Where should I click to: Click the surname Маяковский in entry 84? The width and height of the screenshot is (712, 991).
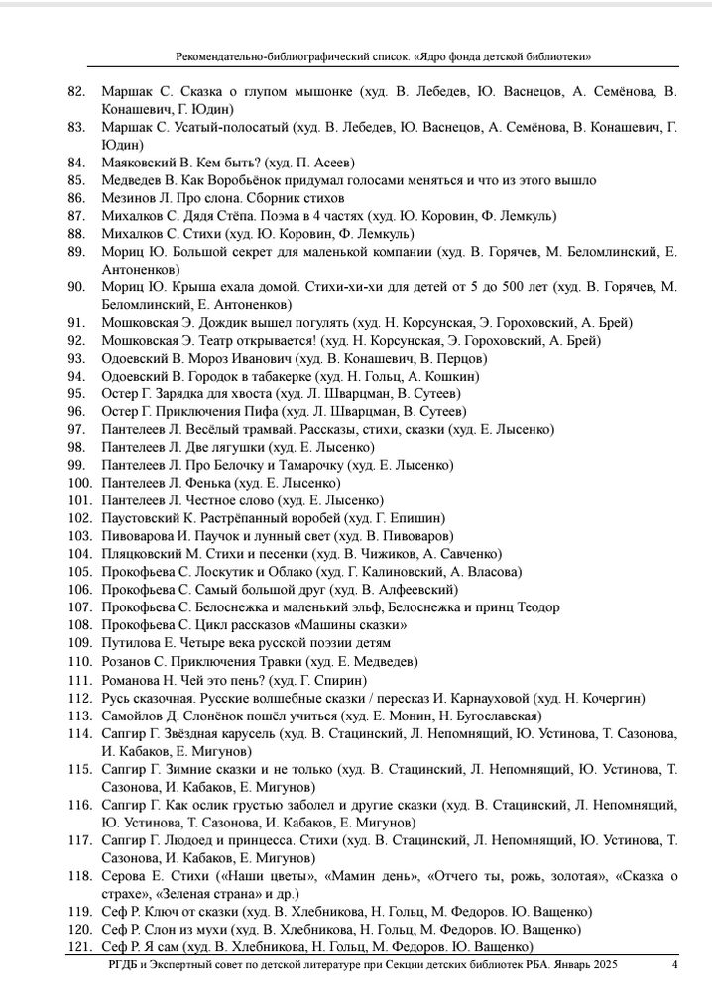(x=137, y=163)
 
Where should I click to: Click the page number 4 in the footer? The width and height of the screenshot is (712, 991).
(x=675, y=965)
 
